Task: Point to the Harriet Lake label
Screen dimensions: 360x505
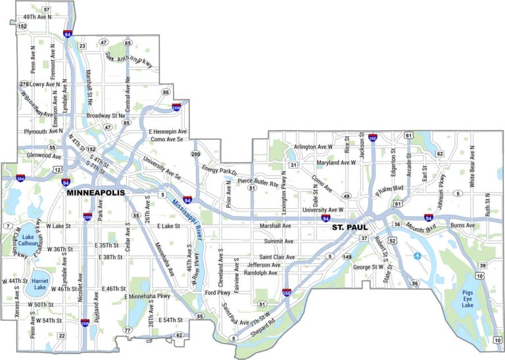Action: [x=40, y=283]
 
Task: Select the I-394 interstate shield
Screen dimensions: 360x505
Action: [x=22, y=178]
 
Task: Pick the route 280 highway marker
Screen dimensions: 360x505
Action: [x=195, y=154]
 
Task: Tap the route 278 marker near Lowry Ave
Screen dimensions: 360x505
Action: [x=24, y=84]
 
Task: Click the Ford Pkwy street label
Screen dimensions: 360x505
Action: [x=218, y=292]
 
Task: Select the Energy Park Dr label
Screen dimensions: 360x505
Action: [x=218, y=171]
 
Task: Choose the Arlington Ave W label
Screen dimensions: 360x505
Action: [x=314, y=146]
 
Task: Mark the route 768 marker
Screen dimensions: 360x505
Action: [x=497, y=340]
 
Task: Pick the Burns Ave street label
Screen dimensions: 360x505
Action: [x=462, y=225]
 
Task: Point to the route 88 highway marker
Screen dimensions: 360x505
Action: [x=166, y=92]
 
